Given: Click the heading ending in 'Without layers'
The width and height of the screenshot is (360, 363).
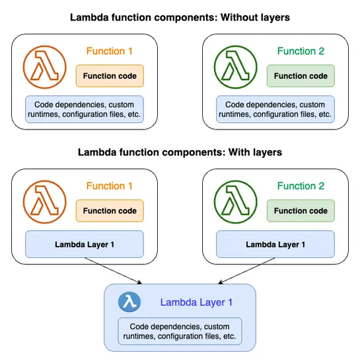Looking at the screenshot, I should [x=180, y=17].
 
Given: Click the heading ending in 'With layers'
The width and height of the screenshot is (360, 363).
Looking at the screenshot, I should [x=180, y=152].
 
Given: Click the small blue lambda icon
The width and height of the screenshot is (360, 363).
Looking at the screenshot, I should [x=129, y=302].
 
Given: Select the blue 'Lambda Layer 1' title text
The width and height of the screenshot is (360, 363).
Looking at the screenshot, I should [x=196, y=302].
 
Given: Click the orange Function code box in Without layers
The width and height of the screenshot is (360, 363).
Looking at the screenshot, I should [x=110, y=76].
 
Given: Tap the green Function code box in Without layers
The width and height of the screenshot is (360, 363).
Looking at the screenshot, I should [x=301, y=76].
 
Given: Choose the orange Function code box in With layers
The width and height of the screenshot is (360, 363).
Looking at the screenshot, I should [x=110, y=211].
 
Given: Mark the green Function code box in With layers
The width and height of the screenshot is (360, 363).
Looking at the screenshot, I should [x=301, y=211].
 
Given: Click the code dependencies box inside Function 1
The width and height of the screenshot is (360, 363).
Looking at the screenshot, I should [x=84, y=109].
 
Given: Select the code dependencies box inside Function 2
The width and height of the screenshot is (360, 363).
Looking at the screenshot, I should [x=275, y=109].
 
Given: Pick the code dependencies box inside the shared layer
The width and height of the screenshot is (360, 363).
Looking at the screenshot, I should [x=180, y=331].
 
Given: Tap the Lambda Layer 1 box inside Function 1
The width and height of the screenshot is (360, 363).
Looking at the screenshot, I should [x=84, y=244].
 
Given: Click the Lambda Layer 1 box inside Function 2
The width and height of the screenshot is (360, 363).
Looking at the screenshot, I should [x=275, y=244].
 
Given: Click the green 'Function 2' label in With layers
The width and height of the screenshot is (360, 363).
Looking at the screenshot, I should [x=301, y=186].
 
